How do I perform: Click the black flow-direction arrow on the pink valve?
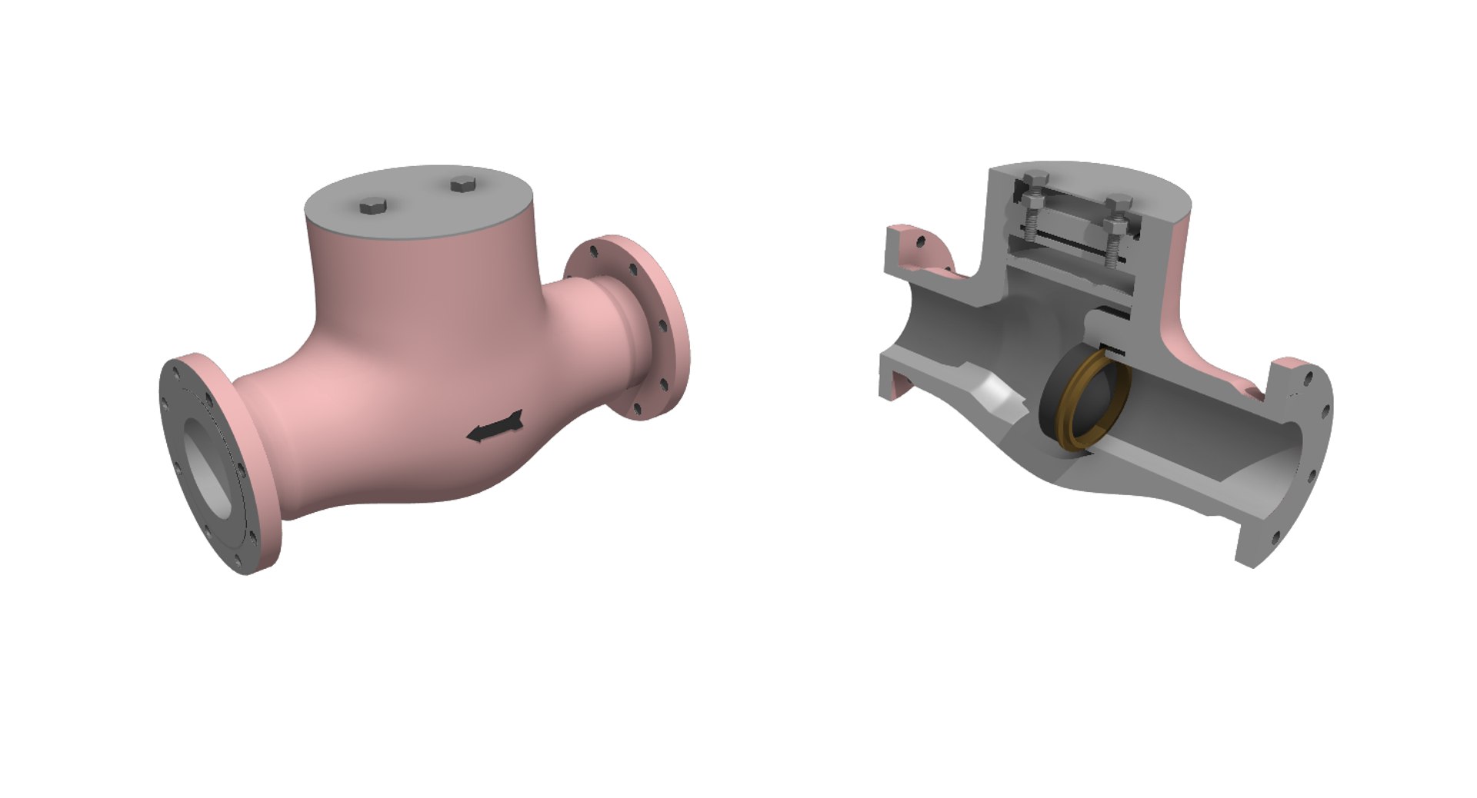pos(495,427)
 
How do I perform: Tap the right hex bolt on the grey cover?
pos(463,184)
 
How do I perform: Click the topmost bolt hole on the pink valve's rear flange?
pos(594,251)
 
